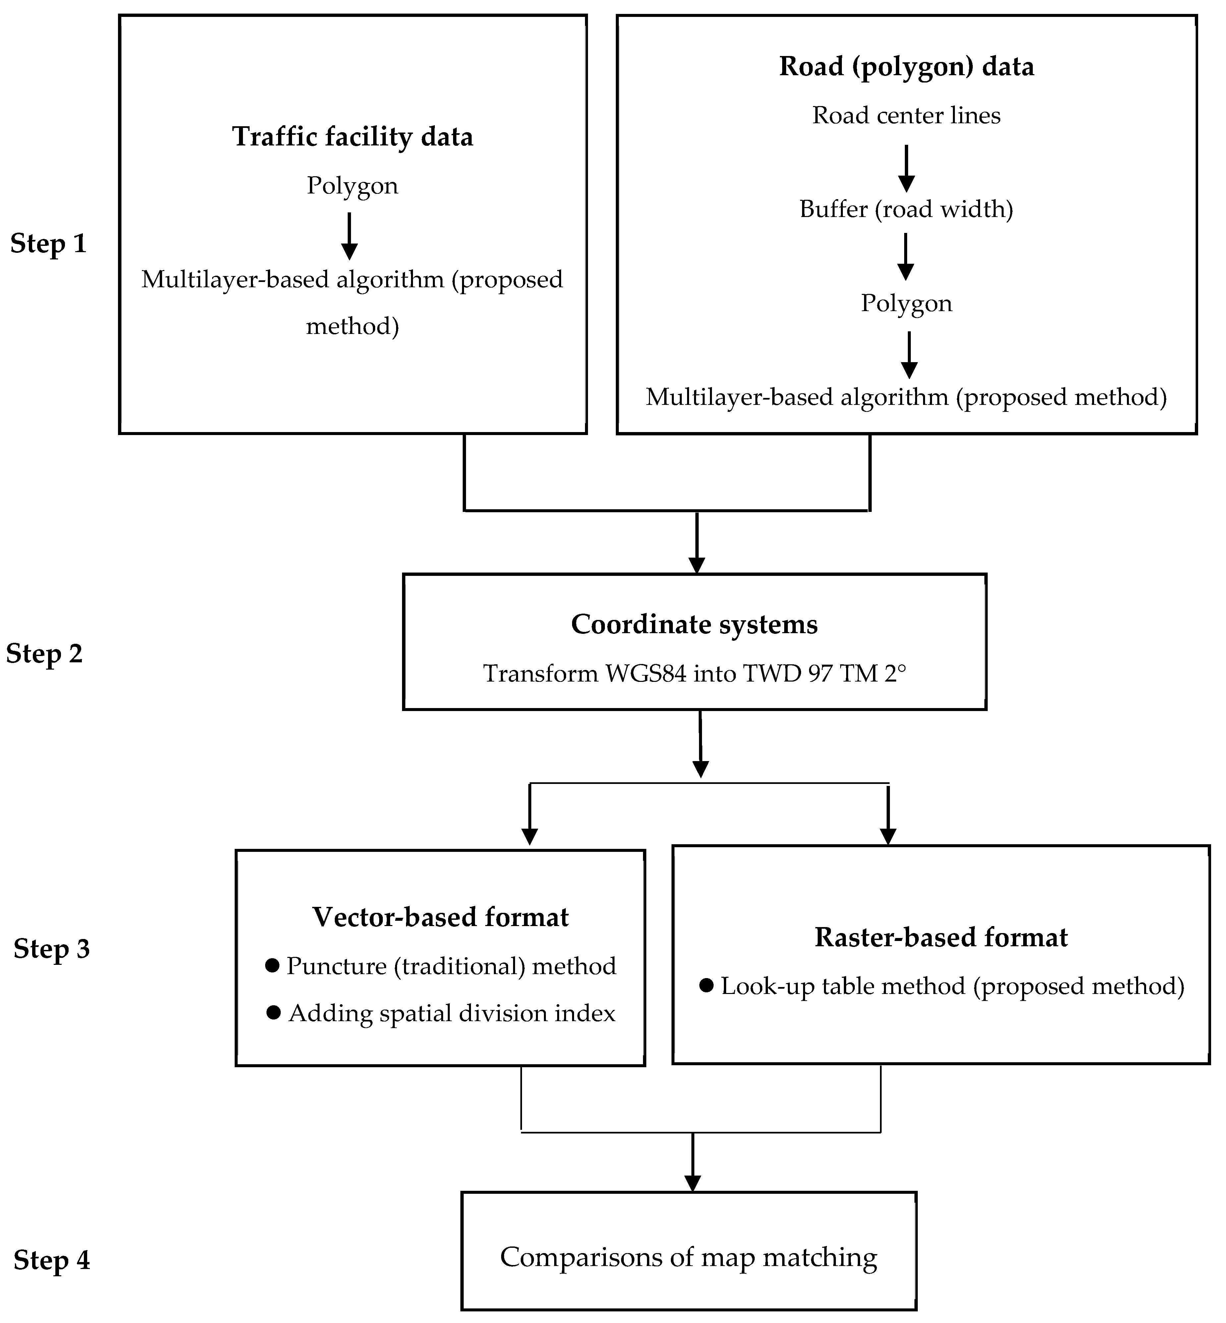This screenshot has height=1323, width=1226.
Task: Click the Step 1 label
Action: coord(48,244)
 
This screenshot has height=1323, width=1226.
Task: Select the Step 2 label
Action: coord(44,654)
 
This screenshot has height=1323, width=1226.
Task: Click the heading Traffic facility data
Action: coord(352,137)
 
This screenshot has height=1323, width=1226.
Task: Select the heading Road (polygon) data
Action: coord(906,66)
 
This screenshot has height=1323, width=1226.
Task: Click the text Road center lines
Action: coord(906,115)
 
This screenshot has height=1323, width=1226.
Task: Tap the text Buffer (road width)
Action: coord(906,209)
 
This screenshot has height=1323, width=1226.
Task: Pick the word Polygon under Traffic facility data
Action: coord(352,186)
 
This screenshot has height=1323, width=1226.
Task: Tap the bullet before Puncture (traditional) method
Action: coord(271,965)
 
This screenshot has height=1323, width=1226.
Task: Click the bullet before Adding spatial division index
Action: coord(273,1013)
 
